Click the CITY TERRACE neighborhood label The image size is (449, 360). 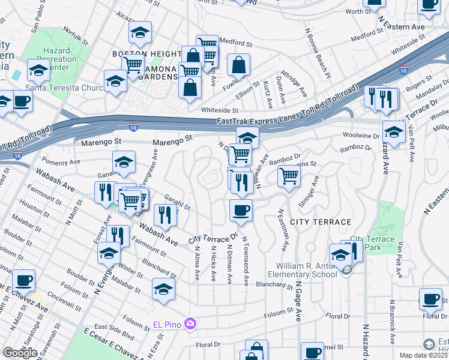321,222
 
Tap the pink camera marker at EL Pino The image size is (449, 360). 190,325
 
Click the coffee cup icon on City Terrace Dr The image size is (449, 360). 241,210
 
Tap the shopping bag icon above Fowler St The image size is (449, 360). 239,65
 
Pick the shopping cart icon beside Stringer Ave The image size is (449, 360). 289,176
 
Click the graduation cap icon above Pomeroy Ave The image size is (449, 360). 124,162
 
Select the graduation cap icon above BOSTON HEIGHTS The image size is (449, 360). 140,32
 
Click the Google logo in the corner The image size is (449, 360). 20,353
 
